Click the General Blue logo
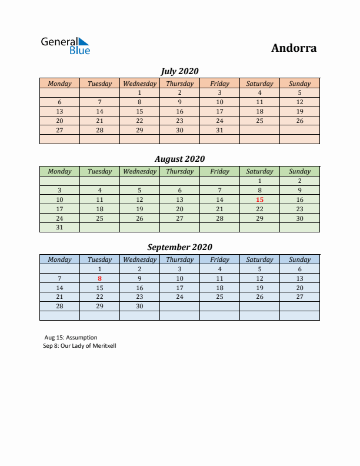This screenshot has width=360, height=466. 65,46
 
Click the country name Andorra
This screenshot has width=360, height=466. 294,48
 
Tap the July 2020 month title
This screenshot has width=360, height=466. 179,71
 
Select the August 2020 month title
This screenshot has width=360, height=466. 179,159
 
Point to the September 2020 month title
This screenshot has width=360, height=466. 179,247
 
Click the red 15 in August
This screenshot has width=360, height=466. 259,199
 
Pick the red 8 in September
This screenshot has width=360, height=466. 99,278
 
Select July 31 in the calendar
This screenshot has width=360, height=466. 219,130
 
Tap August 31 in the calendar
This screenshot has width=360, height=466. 59,228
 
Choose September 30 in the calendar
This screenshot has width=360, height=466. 139,307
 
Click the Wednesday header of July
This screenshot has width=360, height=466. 139,84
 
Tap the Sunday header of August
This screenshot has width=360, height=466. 299,171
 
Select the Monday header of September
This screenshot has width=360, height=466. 59,259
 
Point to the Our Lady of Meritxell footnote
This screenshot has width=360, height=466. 80,346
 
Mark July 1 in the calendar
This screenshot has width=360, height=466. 139,92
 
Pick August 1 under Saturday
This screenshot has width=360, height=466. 259,181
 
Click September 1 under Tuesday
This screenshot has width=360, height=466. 99,269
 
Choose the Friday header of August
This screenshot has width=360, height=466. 219,171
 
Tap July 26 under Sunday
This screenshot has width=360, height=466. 299,121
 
